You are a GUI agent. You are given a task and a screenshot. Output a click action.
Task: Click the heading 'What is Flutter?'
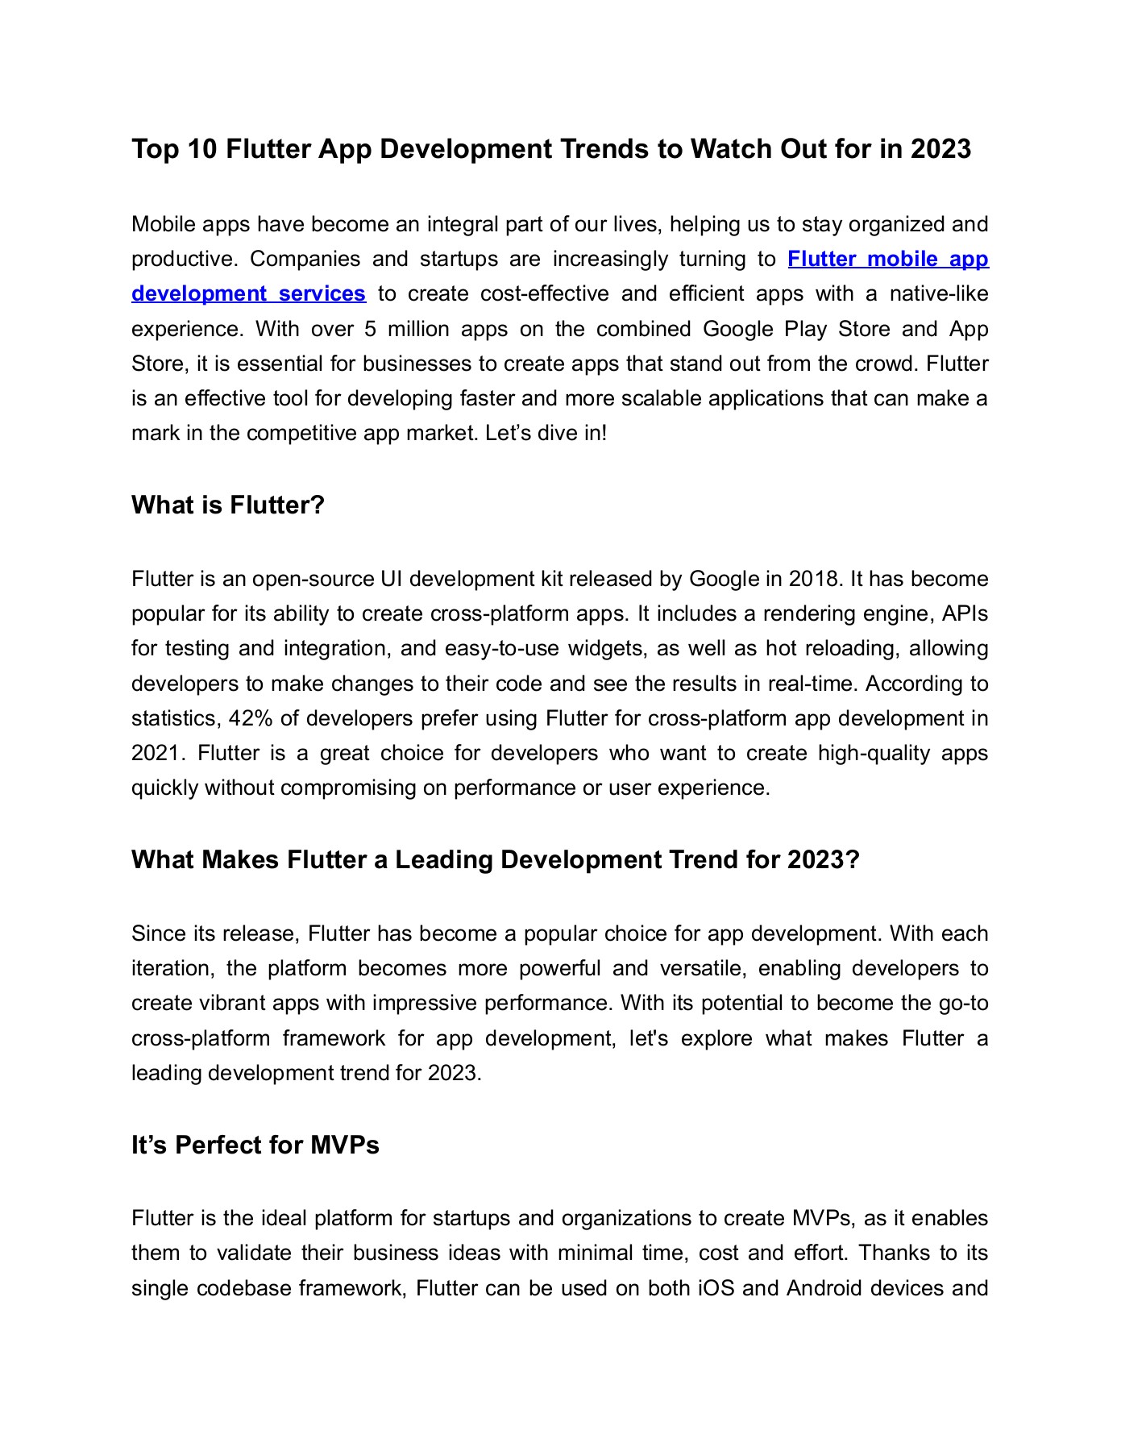click(x=227, y=505)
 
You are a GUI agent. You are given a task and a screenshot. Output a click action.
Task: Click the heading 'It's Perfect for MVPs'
click(x=255, y=1145)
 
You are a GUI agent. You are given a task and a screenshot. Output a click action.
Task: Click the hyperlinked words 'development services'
click(x=248, y=294)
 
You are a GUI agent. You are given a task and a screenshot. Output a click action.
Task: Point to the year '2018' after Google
click(x=814, y=579)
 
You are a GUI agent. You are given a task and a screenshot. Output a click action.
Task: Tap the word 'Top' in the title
click(x=153, y=149)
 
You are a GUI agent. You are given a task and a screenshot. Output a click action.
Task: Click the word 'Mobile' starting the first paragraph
click(x=164, y=224)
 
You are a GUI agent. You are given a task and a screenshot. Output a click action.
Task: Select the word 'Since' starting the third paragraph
click(x=159, y=933)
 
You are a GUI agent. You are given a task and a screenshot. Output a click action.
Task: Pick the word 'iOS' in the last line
click(x=716, y=1288)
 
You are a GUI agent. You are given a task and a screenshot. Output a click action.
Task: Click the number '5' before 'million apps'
click(x=371, y=329)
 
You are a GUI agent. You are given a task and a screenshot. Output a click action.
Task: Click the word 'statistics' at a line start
click(x=174, y=718)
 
